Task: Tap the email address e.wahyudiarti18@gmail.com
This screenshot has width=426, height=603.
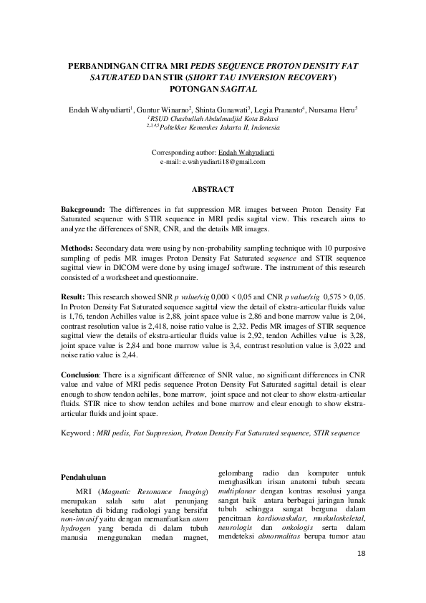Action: click(223, 162)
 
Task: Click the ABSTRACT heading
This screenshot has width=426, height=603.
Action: click(213, 189)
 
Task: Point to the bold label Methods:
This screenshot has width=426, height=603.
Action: click(78, 246)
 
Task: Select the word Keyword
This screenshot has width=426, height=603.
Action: click(77, 433)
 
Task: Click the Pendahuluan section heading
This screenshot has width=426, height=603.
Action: click(84, 476)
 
